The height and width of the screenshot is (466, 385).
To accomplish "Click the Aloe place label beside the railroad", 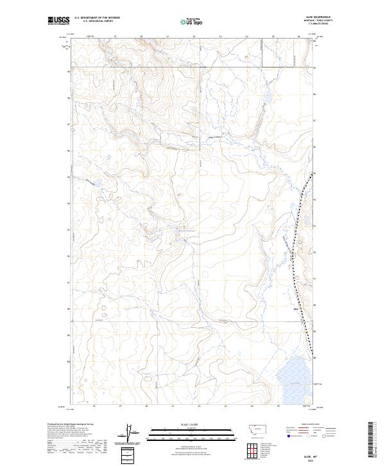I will coord(296,309).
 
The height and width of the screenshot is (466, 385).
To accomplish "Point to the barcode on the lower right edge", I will coord(372,440).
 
